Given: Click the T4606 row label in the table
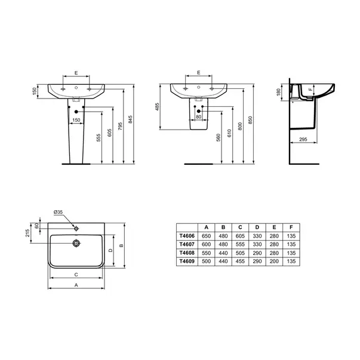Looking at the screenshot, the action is coord(187,236).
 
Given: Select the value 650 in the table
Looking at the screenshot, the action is coord(206,236).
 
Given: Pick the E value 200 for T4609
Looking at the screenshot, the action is coord(274,261).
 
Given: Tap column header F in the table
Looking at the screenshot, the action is coord(291,227).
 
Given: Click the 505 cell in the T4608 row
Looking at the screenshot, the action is coord(240,253).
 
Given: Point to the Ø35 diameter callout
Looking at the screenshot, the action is coord(58,212).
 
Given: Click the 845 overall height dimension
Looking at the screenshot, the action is coord(130,119).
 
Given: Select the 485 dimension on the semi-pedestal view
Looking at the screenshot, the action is coord(157,107).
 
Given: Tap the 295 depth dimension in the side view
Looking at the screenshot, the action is coord(303,139).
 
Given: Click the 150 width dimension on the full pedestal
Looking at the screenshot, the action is coord(76,120).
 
